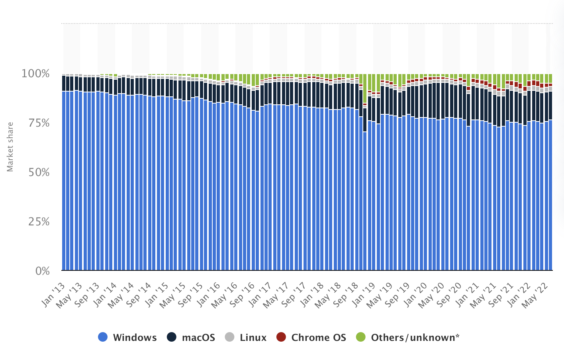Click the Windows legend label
[x=135, y=338]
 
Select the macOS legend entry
[x=198, y=338]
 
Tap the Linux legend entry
[x=253, y=338]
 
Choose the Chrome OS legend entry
[x=319, y=338]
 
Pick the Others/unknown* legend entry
[x=415, y=338]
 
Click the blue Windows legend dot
[x=103, y=337]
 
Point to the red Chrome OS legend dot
[x=281, y=337]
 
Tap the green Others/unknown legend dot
[x=361, y=337]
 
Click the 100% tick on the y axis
[x=36, y=74]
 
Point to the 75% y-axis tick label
[x=39, y=123]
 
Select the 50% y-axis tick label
[x=39, y=172]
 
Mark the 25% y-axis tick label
[x=39, y=222]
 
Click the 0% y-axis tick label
[x=42, y=271]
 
